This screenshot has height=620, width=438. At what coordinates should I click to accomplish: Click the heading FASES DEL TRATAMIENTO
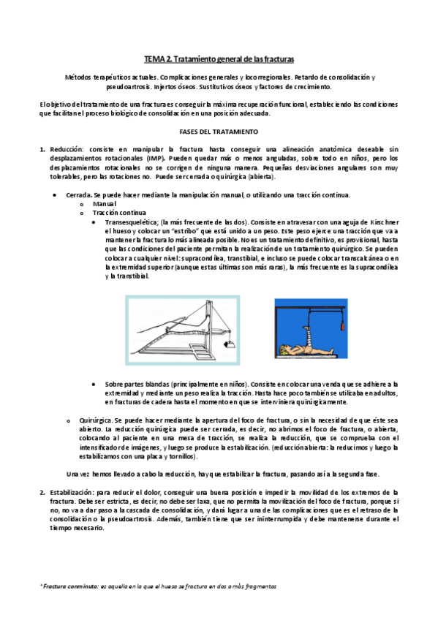219,132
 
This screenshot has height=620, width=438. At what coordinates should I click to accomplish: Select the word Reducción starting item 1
67,150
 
